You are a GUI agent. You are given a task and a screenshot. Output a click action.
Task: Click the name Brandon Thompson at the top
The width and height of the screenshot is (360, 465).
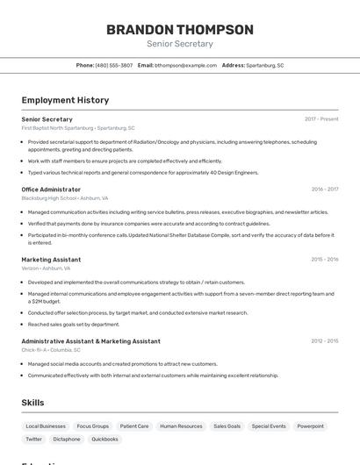tap(180, 29)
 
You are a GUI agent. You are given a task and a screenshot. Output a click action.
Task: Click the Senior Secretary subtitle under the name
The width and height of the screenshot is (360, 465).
tap(180, 44)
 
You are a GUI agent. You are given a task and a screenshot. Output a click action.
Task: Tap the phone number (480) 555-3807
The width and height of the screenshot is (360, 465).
tap(114, 65)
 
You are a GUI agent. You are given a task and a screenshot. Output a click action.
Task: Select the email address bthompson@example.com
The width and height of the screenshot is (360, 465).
tap(185, 65)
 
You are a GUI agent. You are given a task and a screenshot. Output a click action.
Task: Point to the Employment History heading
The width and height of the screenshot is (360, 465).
tap(65, 100)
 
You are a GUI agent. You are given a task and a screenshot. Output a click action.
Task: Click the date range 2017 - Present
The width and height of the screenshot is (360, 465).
tap(321, 119)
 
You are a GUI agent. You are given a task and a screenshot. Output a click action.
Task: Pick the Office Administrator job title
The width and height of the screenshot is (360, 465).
tap(51, 190)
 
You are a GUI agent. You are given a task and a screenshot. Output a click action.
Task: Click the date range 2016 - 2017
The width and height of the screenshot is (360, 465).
tap(325, 190)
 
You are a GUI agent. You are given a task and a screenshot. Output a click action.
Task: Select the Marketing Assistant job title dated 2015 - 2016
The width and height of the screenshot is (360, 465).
tap(51, 260)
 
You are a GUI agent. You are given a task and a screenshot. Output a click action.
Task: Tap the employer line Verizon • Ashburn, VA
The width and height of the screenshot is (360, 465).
tap(46, 268)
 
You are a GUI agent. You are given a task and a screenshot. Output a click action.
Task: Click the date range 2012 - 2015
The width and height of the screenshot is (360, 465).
tap(325, 341)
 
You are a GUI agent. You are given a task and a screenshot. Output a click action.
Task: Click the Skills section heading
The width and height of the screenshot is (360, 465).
tap(32, 403)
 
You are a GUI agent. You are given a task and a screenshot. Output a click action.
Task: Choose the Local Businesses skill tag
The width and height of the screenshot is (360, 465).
tap(46, 426)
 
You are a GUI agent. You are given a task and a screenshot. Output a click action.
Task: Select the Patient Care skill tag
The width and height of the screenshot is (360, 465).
tap(134, 426)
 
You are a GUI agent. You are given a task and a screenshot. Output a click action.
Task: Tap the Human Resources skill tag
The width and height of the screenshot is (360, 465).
tap(181, 426)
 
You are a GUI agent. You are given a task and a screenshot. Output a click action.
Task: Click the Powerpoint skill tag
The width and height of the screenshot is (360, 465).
tap(310, 426)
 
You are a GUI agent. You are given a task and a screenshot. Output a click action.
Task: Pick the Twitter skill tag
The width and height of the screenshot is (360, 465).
tap(33, 440)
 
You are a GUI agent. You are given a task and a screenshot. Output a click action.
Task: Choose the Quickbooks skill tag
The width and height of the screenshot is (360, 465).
tap(105, 440)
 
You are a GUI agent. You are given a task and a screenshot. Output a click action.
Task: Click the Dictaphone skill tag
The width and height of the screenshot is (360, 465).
tap(67, 440)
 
